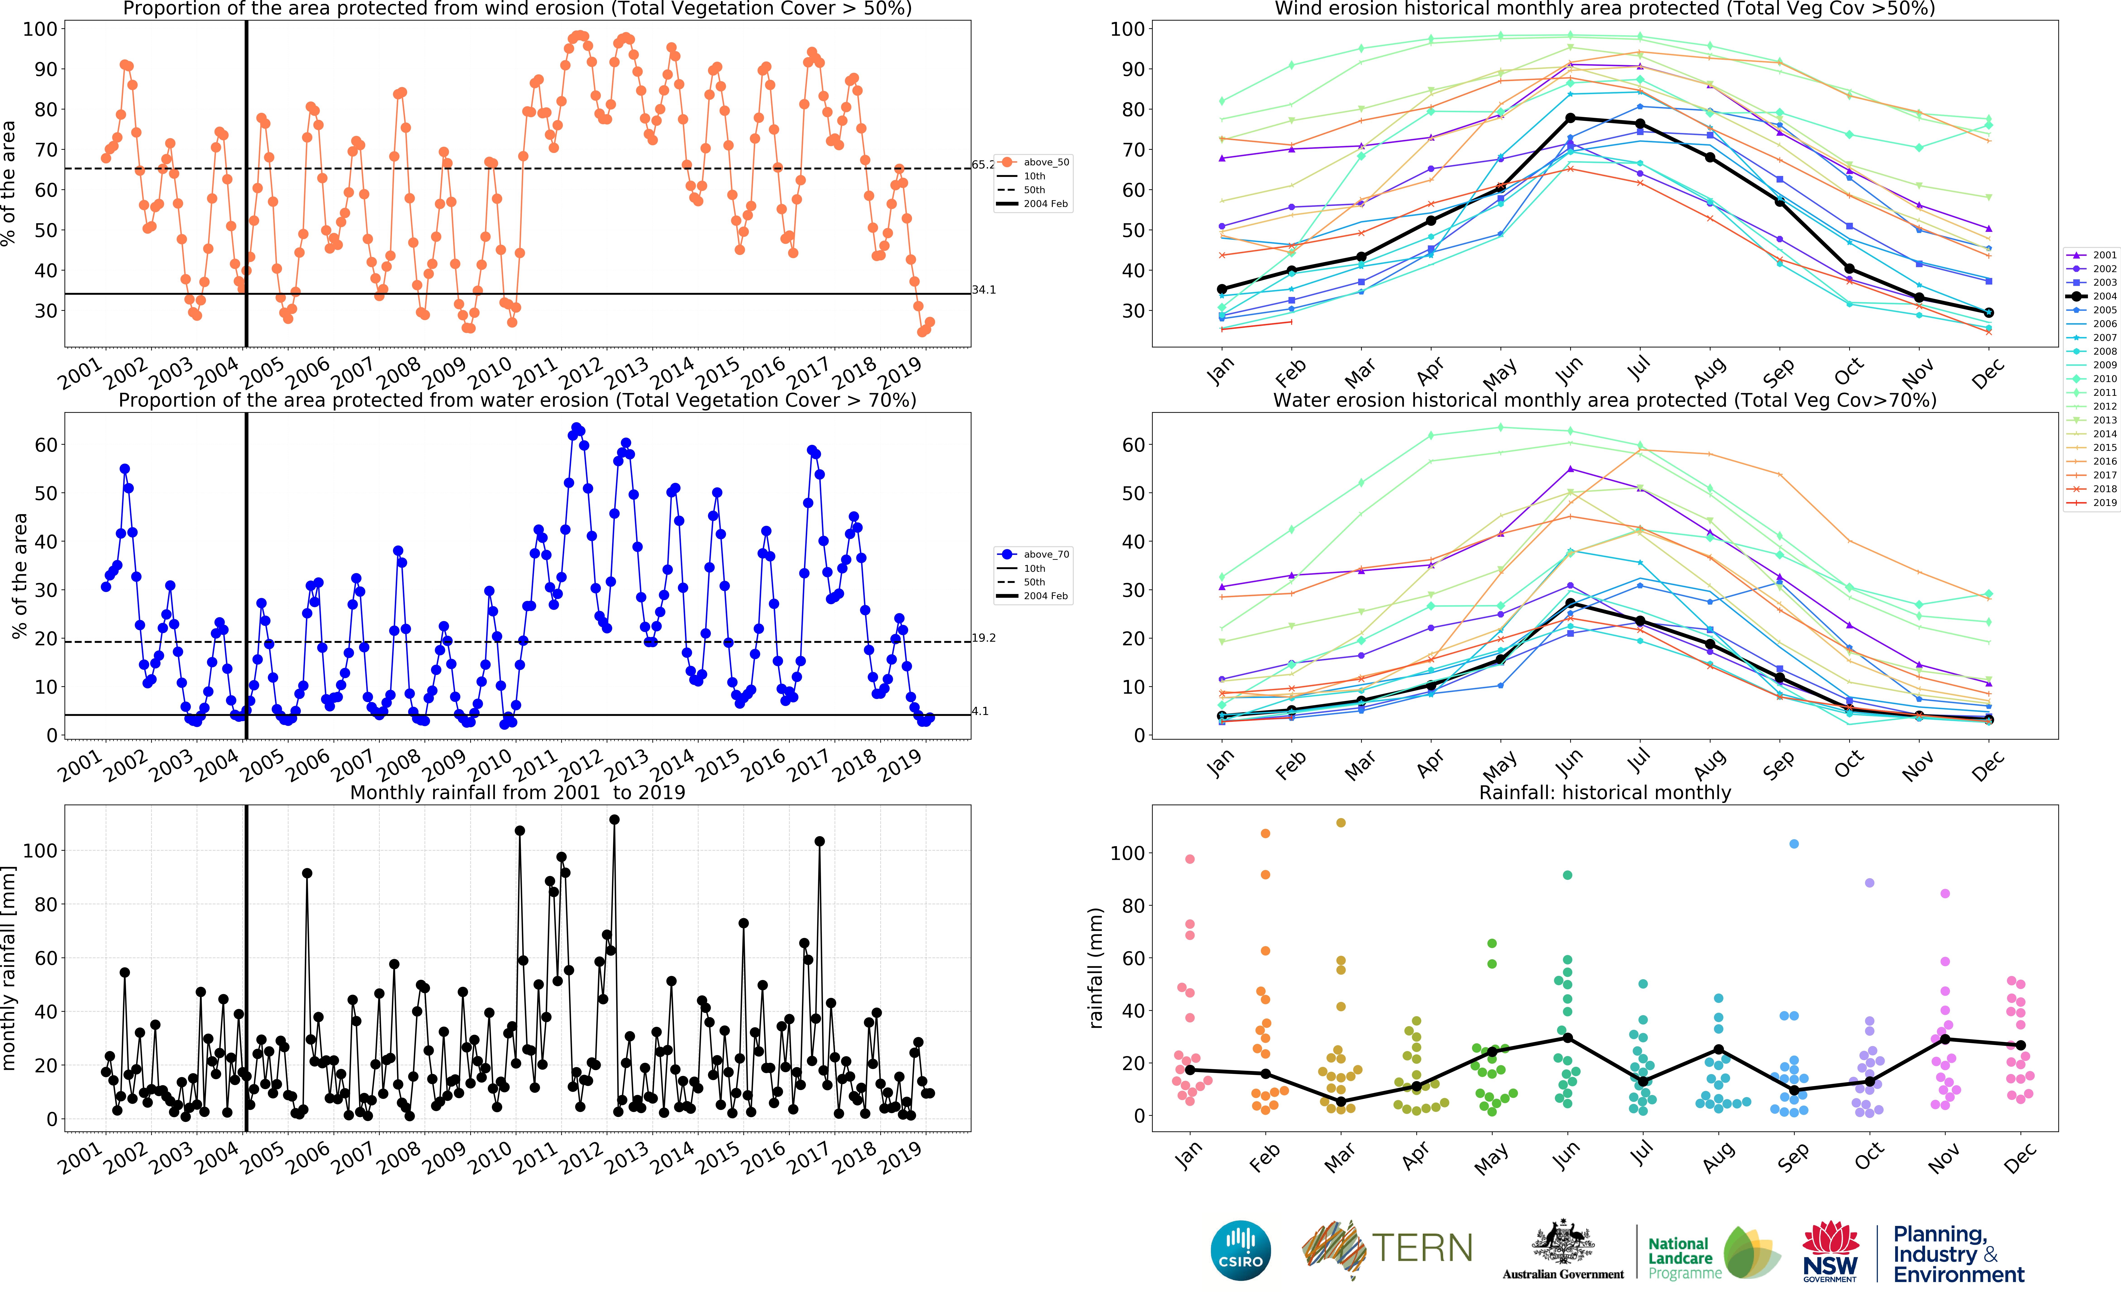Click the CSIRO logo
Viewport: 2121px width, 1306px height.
(1241, 1250)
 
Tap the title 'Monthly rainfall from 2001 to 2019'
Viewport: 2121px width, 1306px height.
(518, 792)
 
